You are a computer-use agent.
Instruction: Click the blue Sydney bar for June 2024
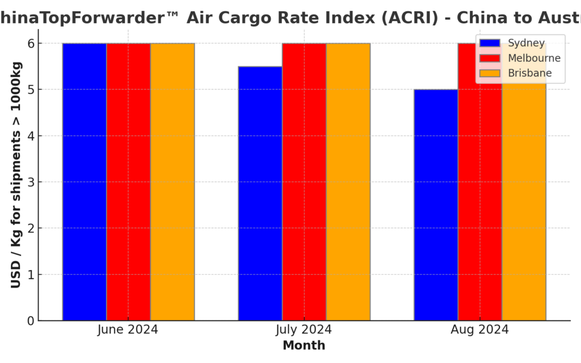tap(85, 181)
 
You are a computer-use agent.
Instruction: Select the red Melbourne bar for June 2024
tap(128, 181)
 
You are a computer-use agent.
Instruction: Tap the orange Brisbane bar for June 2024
tap(172, 181)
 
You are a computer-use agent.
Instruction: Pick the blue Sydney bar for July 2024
tap(260, 193)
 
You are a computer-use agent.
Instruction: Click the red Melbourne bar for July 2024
tap(304, 181)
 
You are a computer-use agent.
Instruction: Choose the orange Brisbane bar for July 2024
tap(348, 181)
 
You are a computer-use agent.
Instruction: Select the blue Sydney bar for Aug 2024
tap(436, 205)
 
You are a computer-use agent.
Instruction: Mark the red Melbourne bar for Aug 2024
tap(480, 193)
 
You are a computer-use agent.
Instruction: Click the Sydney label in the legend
tap(526, 43)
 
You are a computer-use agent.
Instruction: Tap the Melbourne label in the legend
tap(534, 58)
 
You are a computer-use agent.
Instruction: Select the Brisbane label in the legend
tap(529, 73)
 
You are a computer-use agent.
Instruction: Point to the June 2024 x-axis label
tap(128, 330)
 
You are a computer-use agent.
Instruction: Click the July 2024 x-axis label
tap(304, 330)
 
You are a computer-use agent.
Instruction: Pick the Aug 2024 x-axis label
tap(480, 330)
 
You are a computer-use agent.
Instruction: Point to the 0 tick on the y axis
tap(30, 321)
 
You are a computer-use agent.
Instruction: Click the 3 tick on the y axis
tap(30, 182)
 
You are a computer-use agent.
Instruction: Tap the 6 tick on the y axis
tap(30, 44)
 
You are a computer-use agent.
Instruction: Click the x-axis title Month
tap(304, 345)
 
